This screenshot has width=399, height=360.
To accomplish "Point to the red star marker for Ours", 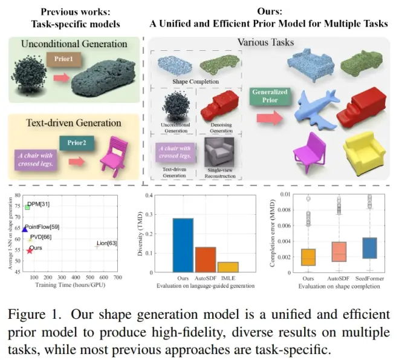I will [x=30, y=250].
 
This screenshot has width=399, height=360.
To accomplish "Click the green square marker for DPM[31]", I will [x=27, y=207].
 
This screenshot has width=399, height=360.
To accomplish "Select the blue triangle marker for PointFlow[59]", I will [x=25, y=229].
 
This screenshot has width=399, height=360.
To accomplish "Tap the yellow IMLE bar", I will [x=228, y=266].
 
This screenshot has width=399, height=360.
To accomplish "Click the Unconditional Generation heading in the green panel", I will [x=74, y=44].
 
